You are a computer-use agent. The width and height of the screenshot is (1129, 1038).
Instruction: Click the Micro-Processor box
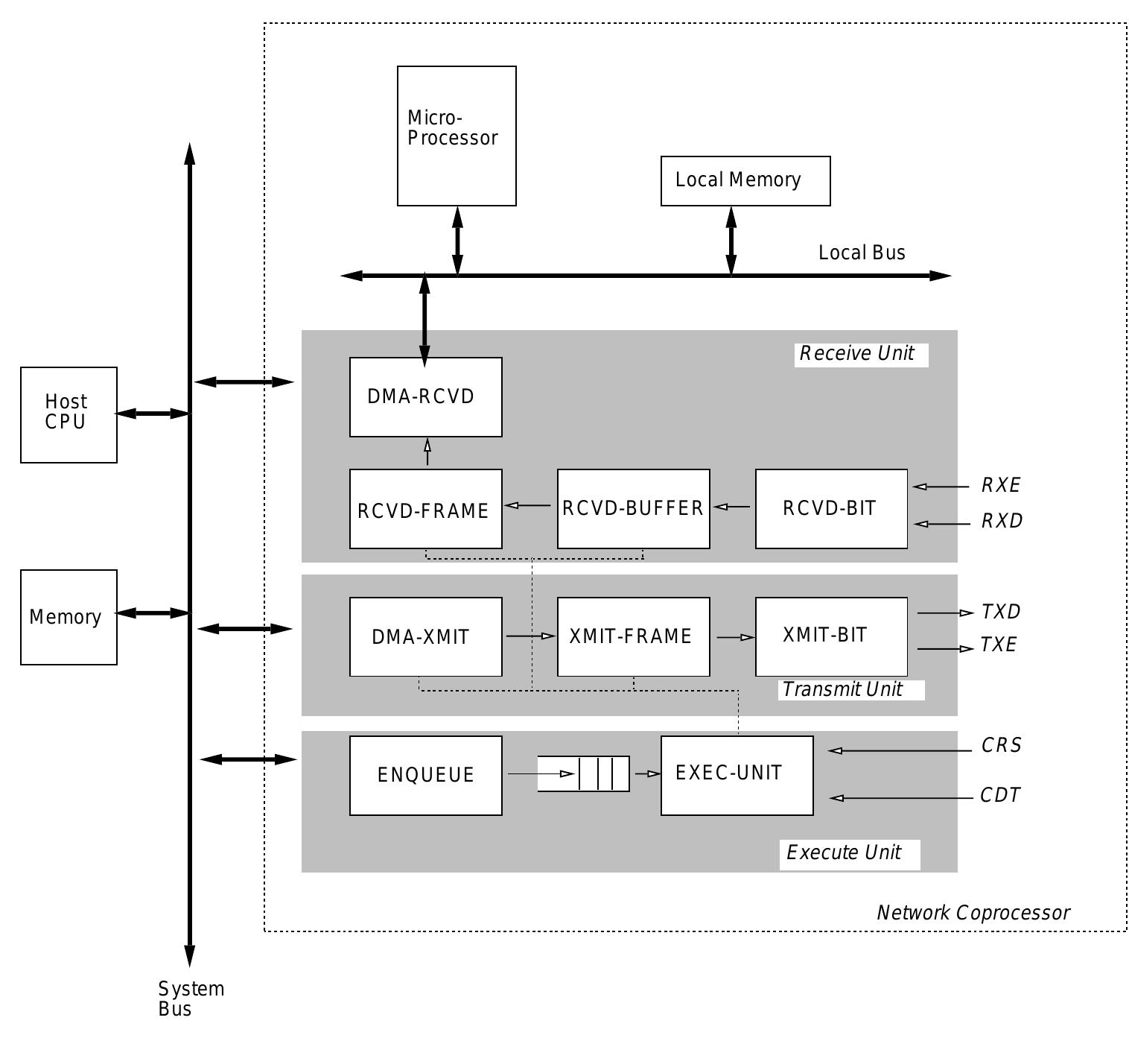coord(457,136)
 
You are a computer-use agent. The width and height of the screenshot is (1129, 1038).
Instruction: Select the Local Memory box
coord(745,180)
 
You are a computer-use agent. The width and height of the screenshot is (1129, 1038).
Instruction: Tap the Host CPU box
coord(69,414)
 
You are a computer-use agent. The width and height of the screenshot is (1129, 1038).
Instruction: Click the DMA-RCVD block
coord(425,396)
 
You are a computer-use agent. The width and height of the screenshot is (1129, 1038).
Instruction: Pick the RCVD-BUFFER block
coord(633,508)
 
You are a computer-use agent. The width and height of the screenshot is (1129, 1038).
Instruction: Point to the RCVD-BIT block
coord(831,508)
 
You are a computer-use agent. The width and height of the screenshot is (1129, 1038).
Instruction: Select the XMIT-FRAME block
coord(633,636)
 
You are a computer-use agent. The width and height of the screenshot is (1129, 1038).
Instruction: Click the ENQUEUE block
coord(425,775)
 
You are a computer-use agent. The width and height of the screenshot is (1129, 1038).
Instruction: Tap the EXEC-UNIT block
coord(737,775)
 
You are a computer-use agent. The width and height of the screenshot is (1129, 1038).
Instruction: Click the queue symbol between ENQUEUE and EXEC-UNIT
coord(584,773)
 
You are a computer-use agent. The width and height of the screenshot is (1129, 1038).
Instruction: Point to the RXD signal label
coord(1002,521)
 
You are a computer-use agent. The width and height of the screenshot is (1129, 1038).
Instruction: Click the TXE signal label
coord(998,645)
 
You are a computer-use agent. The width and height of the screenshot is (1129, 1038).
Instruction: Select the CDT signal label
coord(1000,795)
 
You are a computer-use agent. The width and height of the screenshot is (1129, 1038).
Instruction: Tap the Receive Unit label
coord(857,353)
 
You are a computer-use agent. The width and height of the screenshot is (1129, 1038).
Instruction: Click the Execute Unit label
coord(845,852)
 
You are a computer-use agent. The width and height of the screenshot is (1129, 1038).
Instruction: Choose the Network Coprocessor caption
coord(973,913)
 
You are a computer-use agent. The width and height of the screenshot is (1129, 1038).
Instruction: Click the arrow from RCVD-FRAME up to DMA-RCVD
coord(427,452)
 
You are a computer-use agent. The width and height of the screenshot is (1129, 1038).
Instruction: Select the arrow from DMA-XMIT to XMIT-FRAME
coord(530,636)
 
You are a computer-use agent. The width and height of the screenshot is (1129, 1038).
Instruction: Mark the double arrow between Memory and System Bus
coord(153,613)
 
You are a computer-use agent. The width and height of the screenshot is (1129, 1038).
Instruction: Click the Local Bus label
coord(862,253)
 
